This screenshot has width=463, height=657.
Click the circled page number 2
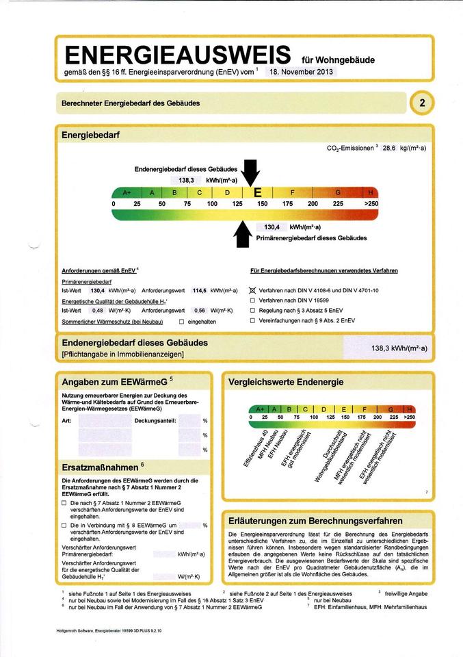pos(422,103)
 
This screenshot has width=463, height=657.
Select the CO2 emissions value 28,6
pos(389,147)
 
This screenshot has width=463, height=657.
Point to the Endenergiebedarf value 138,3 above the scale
pos(187,180)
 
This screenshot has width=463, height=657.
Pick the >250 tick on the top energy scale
pos(371,204)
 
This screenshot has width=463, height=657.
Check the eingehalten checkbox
pos(181,321)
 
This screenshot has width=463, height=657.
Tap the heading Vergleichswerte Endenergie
pos(285,381)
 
